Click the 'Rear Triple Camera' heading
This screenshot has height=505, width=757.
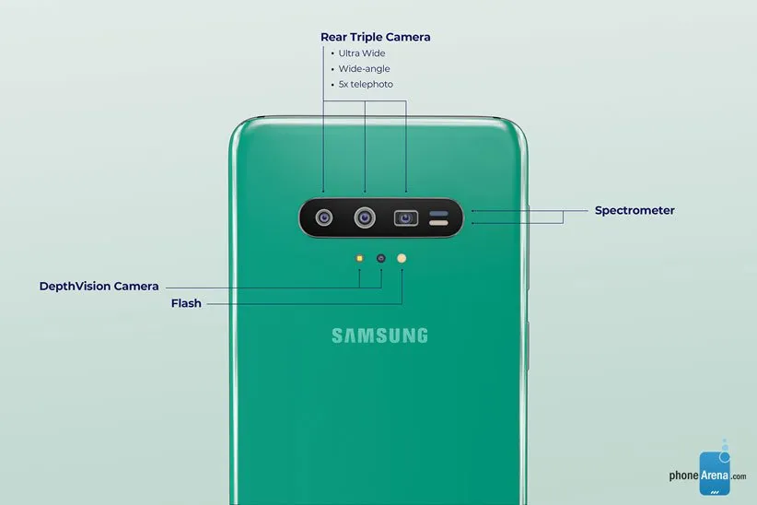(375, 37)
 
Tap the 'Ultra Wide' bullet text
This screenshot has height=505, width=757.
(362, 53)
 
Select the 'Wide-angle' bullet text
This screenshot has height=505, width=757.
(364, 69)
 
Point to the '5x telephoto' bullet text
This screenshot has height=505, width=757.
(366, 85)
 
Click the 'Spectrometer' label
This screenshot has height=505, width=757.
(635, 211)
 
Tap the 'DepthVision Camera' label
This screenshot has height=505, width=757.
(99, 286)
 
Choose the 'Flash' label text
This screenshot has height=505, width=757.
(186, 303)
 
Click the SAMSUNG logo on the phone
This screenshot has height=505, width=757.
(379, 335)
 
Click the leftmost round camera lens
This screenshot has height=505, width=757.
(324, 218)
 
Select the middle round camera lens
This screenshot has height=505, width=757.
(365, 218)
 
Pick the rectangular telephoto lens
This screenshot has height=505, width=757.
(406, 218)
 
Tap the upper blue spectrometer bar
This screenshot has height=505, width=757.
(439, 214)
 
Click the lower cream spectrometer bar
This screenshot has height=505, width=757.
(439, 223)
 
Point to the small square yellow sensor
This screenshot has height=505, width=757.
(359, 259)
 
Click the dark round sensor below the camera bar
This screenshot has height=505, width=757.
(381, 259)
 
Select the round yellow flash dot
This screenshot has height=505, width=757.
(402, 259)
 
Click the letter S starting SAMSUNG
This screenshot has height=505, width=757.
(337, 335)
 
